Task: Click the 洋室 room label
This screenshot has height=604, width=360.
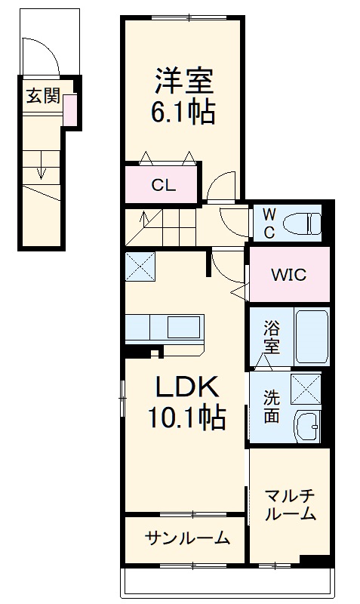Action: point(185,80)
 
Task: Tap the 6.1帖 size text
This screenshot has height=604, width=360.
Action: point(185,112)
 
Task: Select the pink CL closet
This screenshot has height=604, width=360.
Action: point(163,185)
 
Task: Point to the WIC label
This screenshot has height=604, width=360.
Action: point(289,275)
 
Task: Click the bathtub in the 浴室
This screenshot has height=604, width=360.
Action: point(311,337)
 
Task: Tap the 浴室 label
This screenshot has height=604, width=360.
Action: point(271,337)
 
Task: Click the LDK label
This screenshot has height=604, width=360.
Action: point(187,387)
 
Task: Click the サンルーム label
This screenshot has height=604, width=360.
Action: point(186,538)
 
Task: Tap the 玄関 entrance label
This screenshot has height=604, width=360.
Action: point(43,96)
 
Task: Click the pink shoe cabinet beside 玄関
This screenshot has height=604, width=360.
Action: point(70,110)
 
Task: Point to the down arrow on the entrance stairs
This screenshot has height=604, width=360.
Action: point(41,172)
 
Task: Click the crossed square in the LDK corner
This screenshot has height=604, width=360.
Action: point(140,267)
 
